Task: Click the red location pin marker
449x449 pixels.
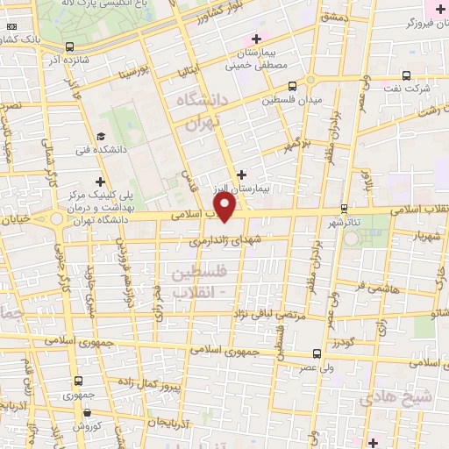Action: (x=225, y=207)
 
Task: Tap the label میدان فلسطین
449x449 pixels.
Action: (x=292, y=100)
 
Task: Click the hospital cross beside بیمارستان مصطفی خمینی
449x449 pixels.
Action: (x=256, y=39)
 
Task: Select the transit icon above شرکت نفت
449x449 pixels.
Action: (x=405, y=75)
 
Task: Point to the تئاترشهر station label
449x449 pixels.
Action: (x=343, y=222)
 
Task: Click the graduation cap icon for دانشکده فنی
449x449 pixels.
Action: (x=101, y=137)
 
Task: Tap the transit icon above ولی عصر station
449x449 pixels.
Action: (x=317, y=354)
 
